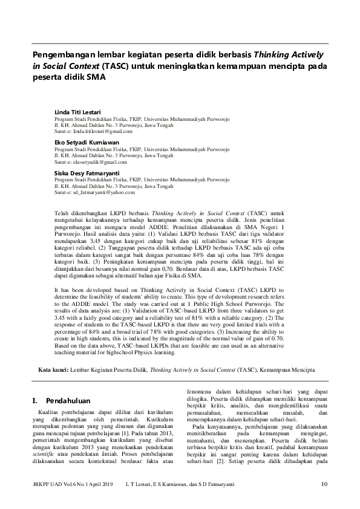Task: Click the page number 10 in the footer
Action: [324, 483]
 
